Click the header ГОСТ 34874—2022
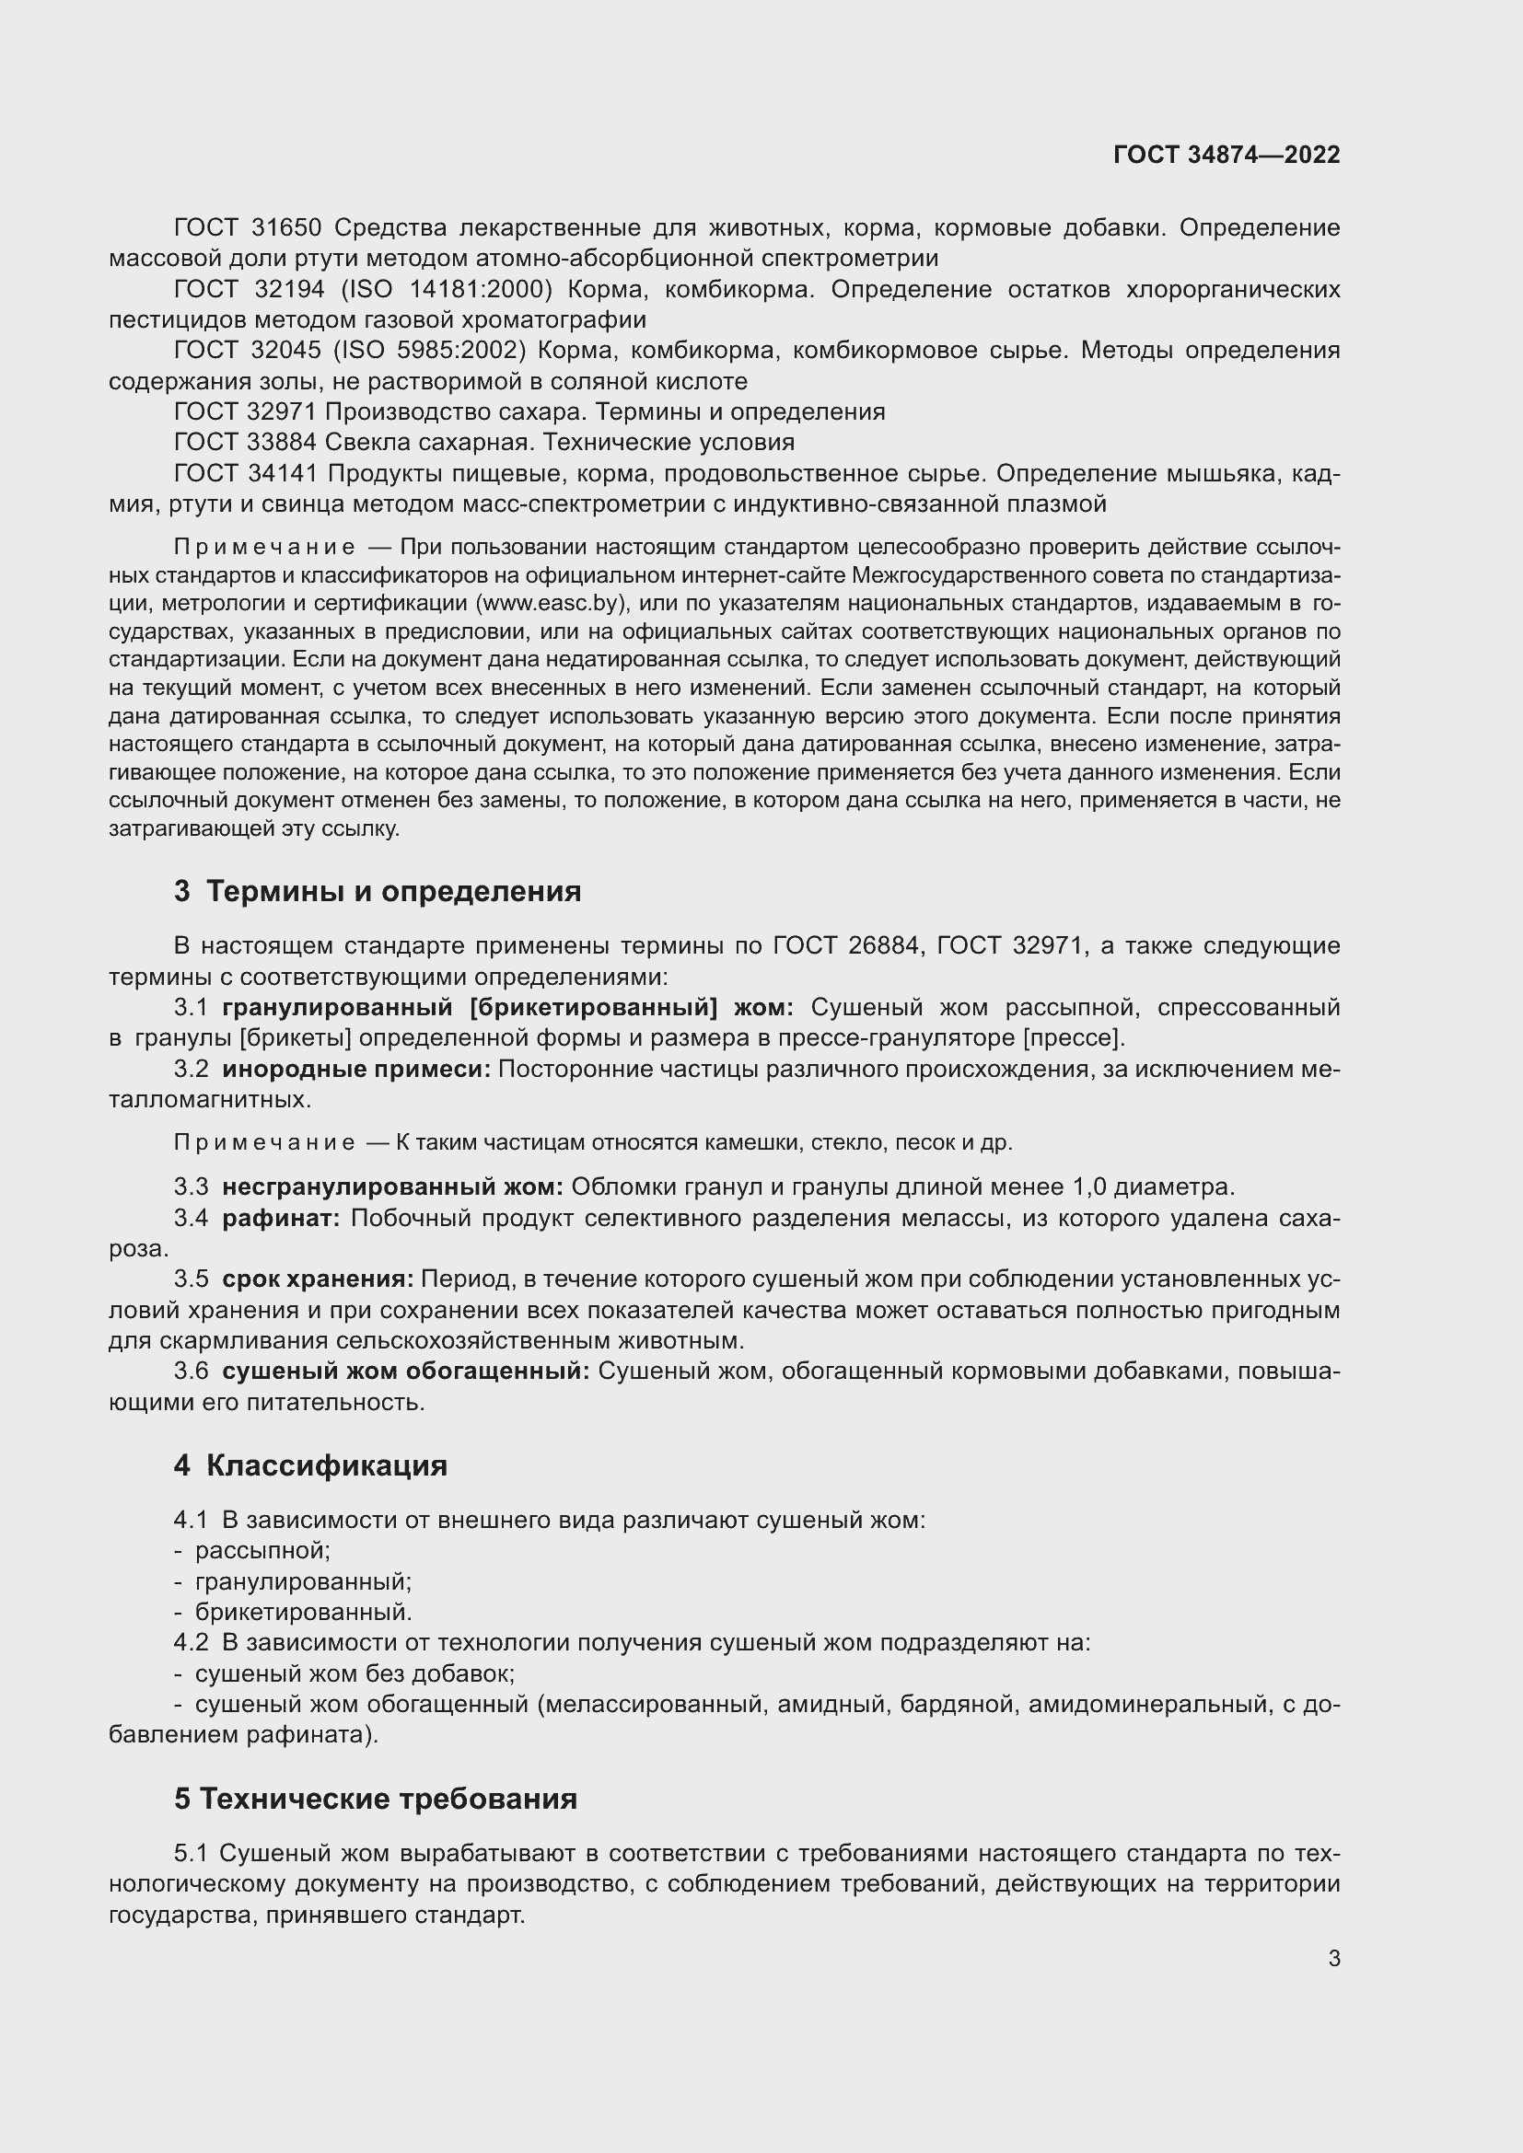(x=1227, y=155)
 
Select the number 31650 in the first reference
(x=287, y=228)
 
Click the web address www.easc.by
(x=551, y=603)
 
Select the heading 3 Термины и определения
(x=377, y=891)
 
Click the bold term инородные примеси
(x=356, y=1069)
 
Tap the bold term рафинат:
(x=282, y=1218)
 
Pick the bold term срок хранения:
(x=318, y=1279)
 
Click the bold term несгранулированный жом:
(x=392, y=1187)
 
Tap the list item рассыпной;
(x=262, y=1550)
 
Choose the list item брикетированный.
(x=303, y=1612)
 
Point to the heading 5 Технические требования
(x=375, y=1800)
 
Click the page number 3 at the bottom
(x=1333, y=1959)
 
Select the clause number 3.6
(x=192, y=1371)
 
